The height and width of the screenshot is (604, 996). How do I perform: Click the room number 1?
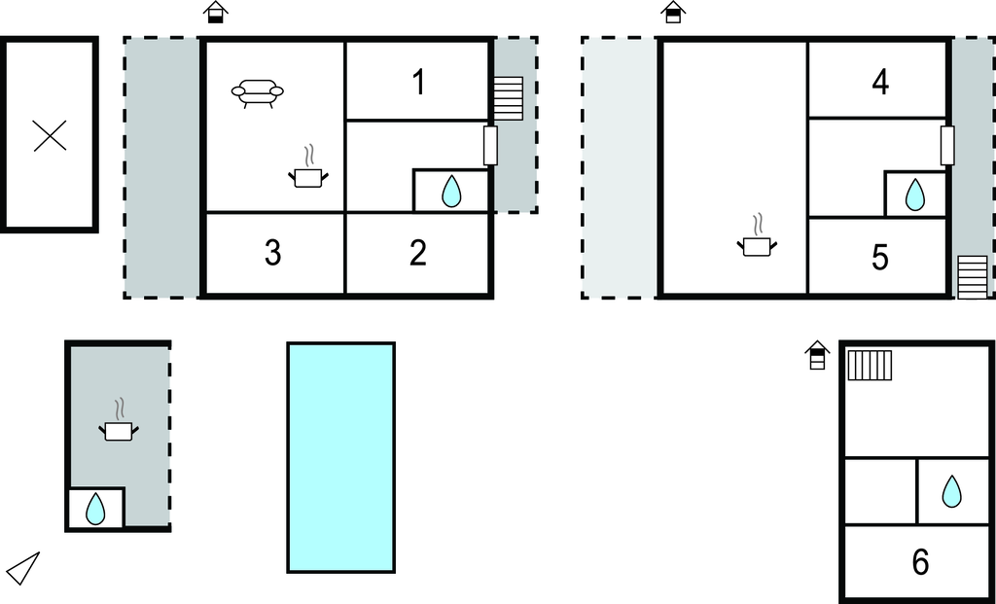tap(418, 82)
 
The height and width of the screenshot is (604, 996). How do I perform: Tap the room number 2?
tap(418, 253)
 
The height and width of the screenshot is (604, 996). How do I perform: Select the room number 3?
tap(273, 253)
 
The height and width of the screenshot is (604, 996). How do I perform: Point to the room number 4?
tap(880, 82)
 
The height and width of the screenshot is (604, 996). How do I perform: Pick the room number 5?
tap(879, 257)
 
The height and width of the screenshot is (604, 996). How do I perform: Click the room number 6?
tap(920, 562)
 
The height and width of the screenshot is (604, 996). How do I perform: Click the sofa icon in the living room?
tap(257, 93)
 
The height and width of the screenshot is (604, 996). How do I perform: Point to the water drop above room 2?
tap(451, 192)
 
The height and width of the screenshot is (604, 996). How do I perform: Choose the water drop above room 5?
tap(914, 195)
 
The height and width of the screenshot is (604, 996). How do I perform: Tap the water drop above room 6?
tap(951, 491)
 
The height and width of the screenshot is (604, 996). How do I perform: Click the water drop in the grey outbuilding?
tap(95, 509)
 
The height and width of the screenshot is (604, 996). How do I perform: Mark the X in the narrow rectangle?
tap(50, 136)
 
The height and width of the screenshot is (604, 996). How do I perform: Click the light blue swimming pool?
tap(341, 457)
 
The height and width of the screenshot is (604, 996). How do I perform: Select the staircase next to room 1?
tap(508, 98)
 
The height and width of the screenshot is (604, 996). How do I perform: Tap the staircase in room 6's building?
tap(870, 365)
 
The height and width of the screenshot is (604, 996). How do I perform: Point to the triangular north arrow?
tap(23, 568)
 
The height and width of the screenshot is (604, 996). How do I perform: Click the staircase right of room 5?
tap(973, 277)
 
